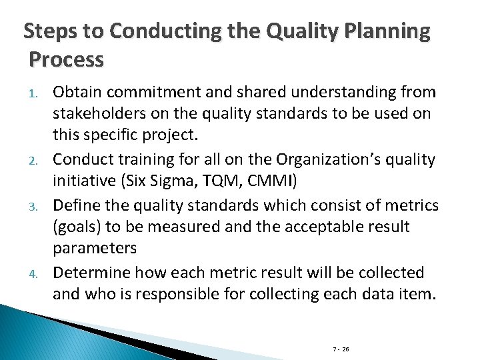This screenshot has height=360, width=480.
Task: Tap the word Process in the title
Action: pos(67,60)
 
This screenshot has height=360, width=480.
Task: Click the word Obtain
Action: pos(75,91)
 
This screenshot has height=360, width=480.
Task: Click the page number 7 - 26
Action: pos(341,349)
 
